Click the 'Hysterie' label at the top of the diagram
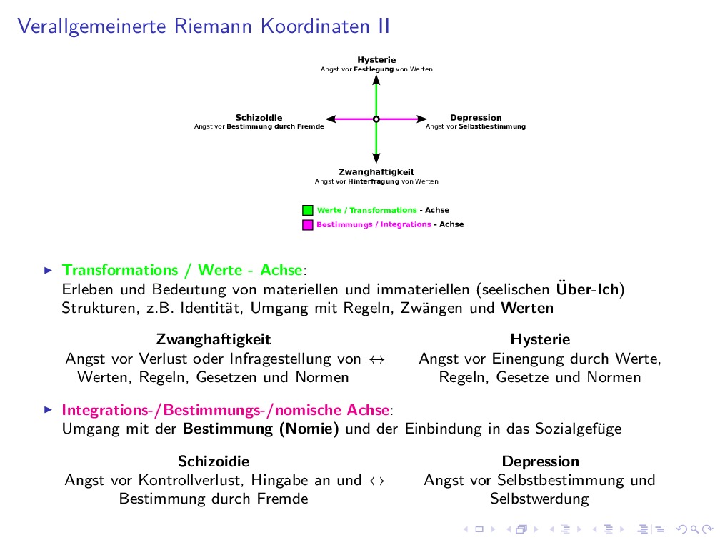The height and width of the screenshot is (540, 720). click(376, 60)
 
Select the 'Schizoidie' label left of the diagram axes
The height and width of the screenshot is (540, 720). click(259, 118)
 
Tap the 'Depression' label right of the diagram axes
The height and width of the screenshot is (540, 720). click(476, 118)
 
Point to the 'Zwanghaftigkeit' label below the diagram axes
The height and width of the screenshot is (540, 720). click(376, 172)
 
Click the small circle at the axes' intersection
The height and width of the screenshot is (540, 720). click(376, 119)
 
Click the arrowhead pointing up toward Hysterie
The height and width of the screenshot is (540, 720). click(376, 81)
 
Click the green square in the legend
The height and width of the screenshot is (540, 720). click(308, 211)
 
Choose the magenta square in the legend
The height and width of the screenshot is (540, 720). click(308, 224)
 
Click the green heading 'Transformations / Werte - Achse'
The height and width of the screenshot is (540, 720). click(183, 270)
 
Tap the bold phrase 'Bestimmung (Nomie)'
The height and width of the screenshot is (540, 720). click(261, 429)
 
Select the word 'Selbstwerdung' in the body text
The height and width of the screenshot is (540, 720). click(539, 499)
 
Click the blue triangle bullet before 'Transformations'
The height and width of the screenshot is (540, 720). click(49, 270)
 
